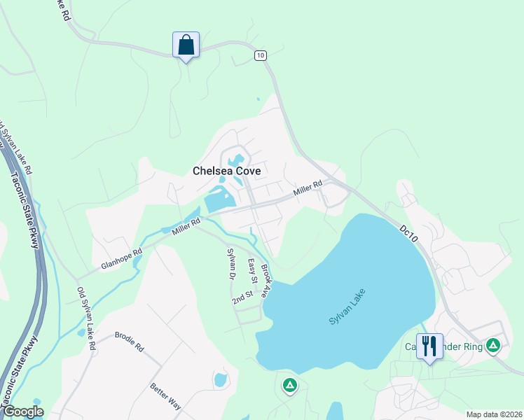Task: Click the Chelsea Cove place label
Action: click(227, 171)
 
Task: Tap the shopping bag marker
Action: click(186, 45)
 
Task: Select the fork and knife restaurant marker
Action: click(429, 346)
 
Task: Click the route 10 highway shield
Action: click(261, 55)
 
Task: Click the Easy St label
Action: click(253, 271)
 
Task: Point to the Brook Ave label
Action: click(267, 281)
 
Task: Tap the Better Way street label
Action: click(165, 396)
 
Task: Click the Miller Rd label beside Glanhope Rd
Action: click(186, 225)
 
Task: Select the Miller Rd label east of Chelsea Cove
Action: click(308, 188)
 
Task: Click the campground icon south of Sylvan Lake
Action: click(289, 384)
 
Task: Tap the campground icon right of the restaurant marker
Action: click(494, 345)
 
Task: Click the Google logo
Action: click(22, 412)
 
